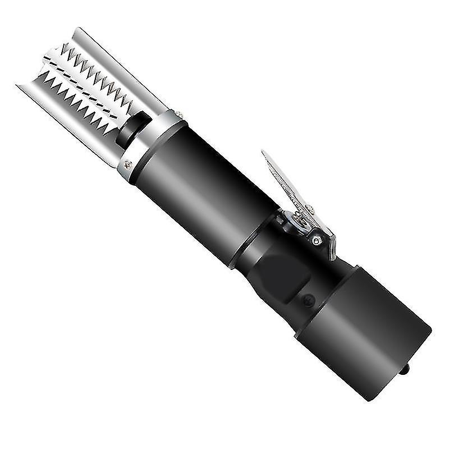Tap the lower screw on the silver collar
coord(128,164)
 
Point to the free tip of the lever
coord(265,154)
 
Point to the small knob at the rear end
coord(406,369)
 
